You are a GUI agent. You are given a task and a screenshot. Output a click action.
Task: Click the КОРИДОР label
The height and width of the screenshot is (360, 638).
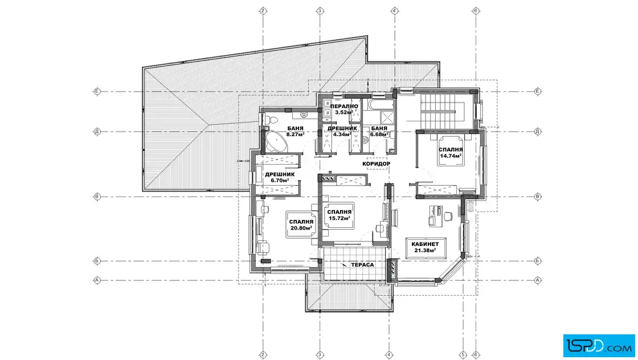pyautogui.click(x=376, y=163)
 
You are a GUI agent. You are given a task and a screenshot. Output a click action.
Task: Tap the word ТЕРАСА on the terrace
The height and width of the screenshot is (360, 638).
pyautogui.click(x=362, y=264)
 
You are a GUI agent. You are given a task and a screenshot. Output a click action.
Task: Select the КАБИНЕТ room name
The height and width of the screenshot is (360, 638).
pyautogui.click(x=425, y=244)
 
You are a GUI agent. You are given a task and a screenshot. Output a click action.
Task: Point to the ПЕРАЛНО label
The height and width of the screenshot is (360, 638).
pyautogui.click(x=344, y=107)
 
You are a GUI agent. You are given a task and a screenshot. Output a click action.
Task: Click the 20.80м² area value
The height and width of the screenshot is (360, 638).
pyautogui.click(x=301, y=228)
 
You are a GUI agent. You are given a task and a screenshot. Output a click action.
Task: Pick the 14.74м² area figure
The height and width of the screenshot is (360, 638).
pyautogui.click(x=451, y=156)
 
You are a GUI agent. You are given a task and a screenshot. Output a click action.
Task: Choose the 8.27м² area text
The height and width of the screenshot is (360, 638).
pyautogui.click(x=296, y=134)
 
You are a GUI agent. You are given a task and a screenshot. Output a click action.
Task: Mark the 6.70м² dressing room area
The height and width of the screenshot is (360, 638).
pyautogui.click(x=280, y=180)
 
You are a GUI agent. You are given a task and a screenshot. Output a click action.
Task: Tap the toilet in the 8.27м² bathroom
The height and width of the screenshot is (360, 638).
pyautogui.click(x=271, y=120)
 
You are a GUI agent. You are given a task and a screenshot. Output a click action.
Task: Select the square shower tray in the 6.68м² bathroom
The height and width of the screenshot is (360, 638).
pyautogui.click(x=387, y=117)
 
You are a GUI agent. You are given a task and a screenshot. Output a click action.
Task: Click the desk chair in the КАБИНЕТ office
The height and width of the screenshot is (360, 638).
pyautogui.click(x=448, y=215)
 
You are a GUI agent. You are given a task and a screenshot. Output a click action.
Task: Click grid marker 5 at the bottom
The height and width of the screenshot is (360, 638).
pyautogui.click(x=463, y=355)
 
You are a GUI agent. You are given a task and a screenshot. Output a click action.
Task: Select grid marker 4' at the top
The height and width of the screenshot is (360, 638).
pyautogui.click(x=394, y=11)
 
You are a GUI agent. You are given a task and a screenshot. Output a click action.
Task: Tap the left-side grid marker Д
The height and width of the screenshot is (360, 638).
pyautogui.click(x=97, y=132)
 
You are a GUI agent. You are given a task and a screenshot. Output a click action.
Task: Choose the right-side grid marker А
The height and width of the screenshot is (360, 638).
pyautogui.click(x=538, y=280)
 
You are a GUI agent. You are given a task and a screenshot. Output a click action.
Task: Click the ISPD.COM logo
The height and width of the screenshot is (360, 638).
pyautogui.click(x=599, y=345)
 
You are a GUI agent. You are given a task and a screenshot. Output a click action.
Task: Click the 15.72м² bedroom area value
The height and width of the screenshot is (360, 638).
pyautogui.click(x=340, y=218)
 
